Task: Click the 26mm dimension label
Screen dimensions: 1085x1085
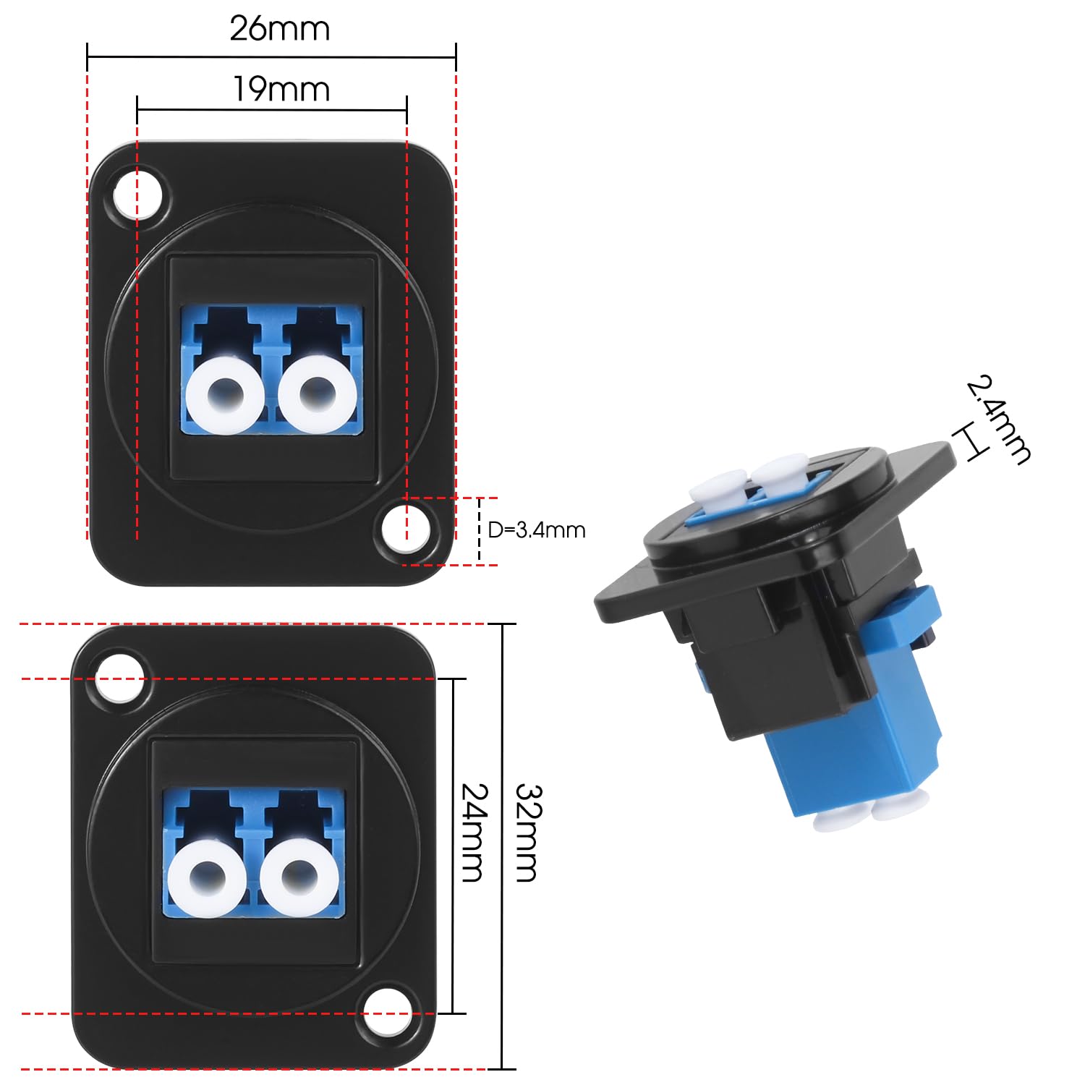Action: [x=279, y=29]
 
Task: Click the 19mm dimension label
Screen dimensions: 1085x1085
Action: [x=281, y=90]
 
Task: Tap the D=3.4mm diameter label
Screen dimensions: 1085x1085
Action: [x=536, y=530]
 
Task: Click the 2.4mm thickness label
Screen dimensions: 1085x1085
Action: [x=999, y=419]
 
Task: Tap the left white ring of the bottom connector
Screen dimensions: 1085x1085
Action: [x=204, y=877]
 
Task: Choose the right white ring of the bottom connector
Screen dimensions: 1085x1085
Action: [x=297, y=877]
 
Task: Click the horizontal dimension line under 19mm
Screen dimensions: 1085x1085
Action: [x=271, y=110]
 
